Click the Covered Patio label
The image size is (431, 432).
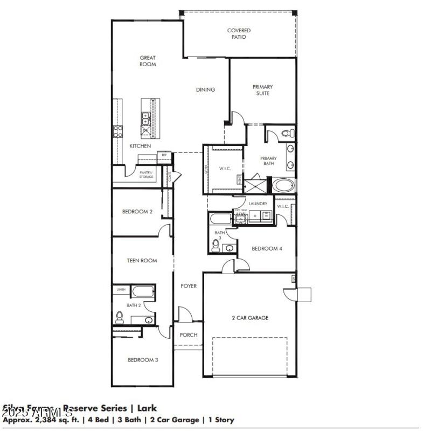[x=239, y=34]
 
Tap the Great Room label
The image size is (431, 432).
[x=148, y=61]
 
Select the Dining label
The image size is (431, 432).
[x=205, y=89]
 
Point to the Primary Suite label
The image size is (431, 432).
[x=262, y=90]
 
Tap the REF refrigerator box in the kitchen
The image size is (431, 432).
[x=163, y=155]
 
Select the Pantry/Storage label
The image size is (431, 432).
[x=146, y=174]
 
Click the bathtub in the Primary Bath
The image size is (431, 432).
[x=283, y=186]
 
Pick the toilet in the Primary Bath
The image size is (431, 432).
[x=287, y=133]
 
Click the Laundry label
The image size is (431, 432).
[x=258, y=204]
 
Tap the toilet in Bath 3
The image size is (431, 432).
[x=215, y=247]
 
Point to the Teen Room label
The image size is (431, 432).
[x=142, y=260]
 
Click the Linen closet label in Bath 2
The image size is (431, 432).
[x=121, y=290]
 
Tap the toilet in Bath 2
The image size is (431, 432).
[x=119, y=318]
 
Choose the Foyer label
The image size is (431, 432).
[x=189, y=286]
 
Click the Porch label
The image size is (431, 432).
[x=189, y=335]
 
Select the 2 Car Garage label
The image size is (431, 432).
[x=249, y=318]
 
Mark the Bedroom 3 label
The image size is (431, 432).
[x=142, y=360]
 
